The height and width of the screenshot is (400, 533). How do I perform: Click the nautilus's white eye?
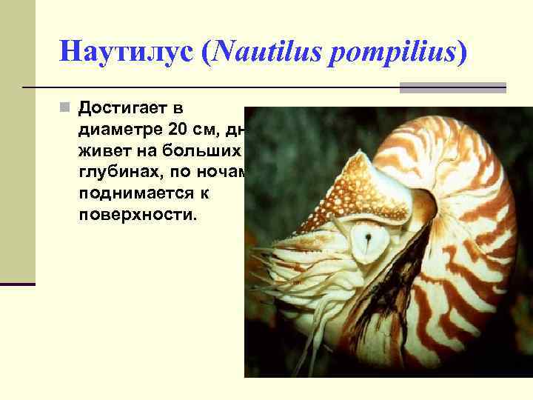pos(366,240)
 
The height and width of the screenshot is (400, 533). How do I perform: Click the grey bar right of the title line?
pos(452,87)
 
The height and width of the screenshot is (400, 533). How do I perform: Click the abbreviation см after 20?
pos(211,130)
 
